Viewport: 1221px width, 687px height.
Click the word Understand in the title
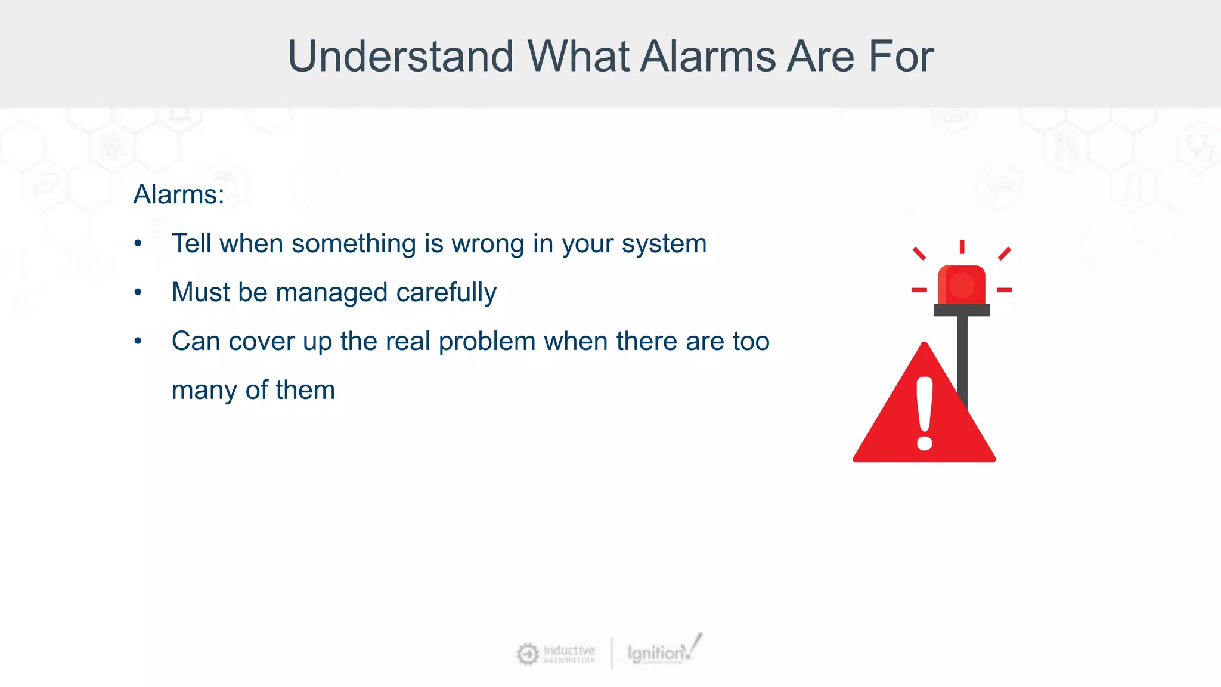pyautogui.click(x=400, y=57)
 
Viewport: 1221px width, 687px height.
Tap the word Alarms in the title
pyautogui.click(x=709, y=57)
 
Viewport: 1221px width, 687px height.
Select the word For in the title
pyautogui.click(x=900, y=57)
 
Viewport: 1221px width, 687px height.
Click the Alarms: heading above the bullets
pyautogui.click(x=178, y=194)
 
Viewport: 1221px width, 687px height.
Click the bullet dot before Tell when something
pyautogui.click(x=138, y=244)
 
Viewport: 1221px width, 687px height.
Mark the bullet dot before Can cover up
pyautogui.click(x=138, y=342)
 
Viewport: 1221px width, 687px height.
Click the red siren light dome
pyautogui.click(x=961, y=285)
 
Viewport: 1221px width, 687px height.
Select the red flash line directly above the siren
pyautogui.click(x=962, y=246)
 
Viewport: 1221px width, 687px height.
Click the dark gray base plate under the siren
pyautogui.click(x=961, y=310)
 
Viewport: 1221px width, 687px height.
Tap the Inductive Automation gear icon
pyautogui.click(x=527, y=654)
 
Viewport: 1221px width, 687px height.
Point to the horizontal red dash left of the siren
pyautogui.click(x=919, y=290)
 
